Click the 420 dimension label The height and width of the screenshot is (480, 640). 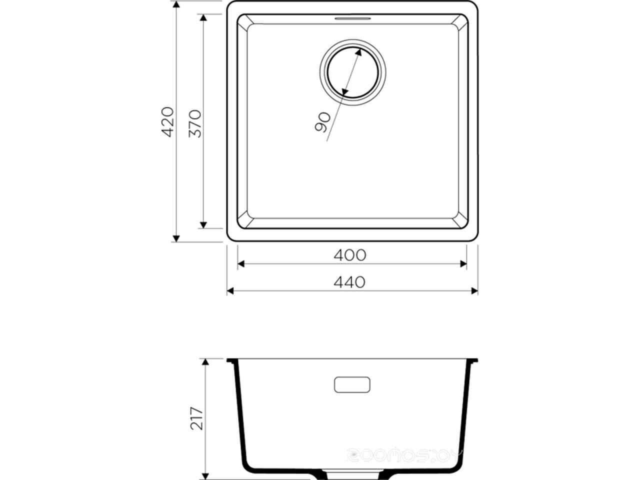tap(168, 121)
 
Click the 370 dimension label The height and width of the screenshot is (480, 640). tap(195, 123)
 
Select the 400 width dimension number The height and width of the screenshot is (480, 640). tap(350, 255)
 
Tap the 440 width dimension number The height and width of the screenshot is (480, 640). tap(350, 282)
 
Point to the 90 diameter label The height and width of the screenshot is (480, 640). tap(323, 122)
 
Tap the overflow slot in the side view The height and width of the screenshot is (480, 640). tap(352, 384)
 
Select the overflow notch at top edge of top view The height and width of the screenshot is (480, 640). tap(352, 18)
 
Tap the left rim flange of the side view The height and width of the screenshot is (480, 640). tap(232, 360)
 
